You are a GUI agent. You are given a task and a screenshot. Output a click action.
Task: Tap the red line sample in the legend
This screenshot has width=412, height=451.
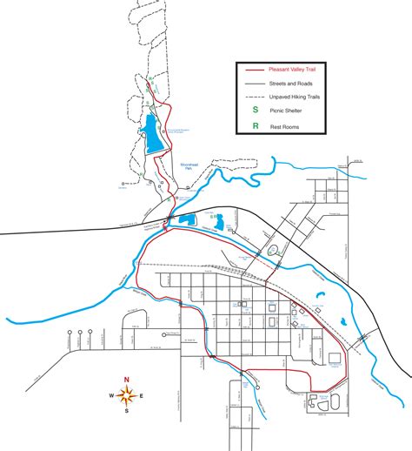coord(255,70)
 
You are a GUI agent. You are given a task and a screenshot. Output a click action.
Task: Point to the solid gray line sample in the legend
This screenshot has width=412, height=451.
coord(255,83)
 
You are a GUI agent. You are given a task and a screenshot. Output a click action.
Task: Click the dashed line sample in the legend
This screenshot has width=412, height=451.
coord(255,97)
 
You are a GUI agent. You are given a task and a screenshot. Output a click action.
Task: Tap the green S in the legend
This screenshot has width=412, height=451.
coord(255,111)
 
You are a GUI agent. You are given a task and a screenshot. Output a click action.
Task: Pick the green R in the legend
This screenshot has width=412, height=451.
coord(255,125)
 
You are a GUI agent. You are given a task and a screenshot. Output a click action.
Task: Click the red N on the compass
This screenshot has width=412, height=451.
coord(126,380)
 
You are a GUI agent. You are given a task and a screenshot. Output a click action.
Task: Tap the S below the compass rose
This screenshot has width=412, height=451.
coord(126,412)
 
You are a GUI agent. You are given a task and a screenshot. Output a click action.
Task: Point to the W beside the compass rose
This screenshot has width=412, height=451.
coord(110,396)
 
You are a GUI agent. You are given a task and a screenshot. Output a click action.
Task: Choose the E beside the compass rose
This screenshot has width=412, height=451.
coord(143,396)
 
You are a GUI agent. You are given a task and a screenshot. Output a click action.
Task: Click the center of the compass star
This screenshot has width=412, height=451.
coord(126,396)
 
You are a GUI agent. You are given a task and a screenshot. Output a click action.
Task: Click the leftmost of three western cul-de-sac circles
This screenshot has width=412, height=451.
coord(68,333)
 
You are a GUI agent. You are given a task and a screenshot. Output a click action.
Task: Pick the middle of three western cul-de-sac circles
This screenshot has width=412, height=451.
coord(81,333)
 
